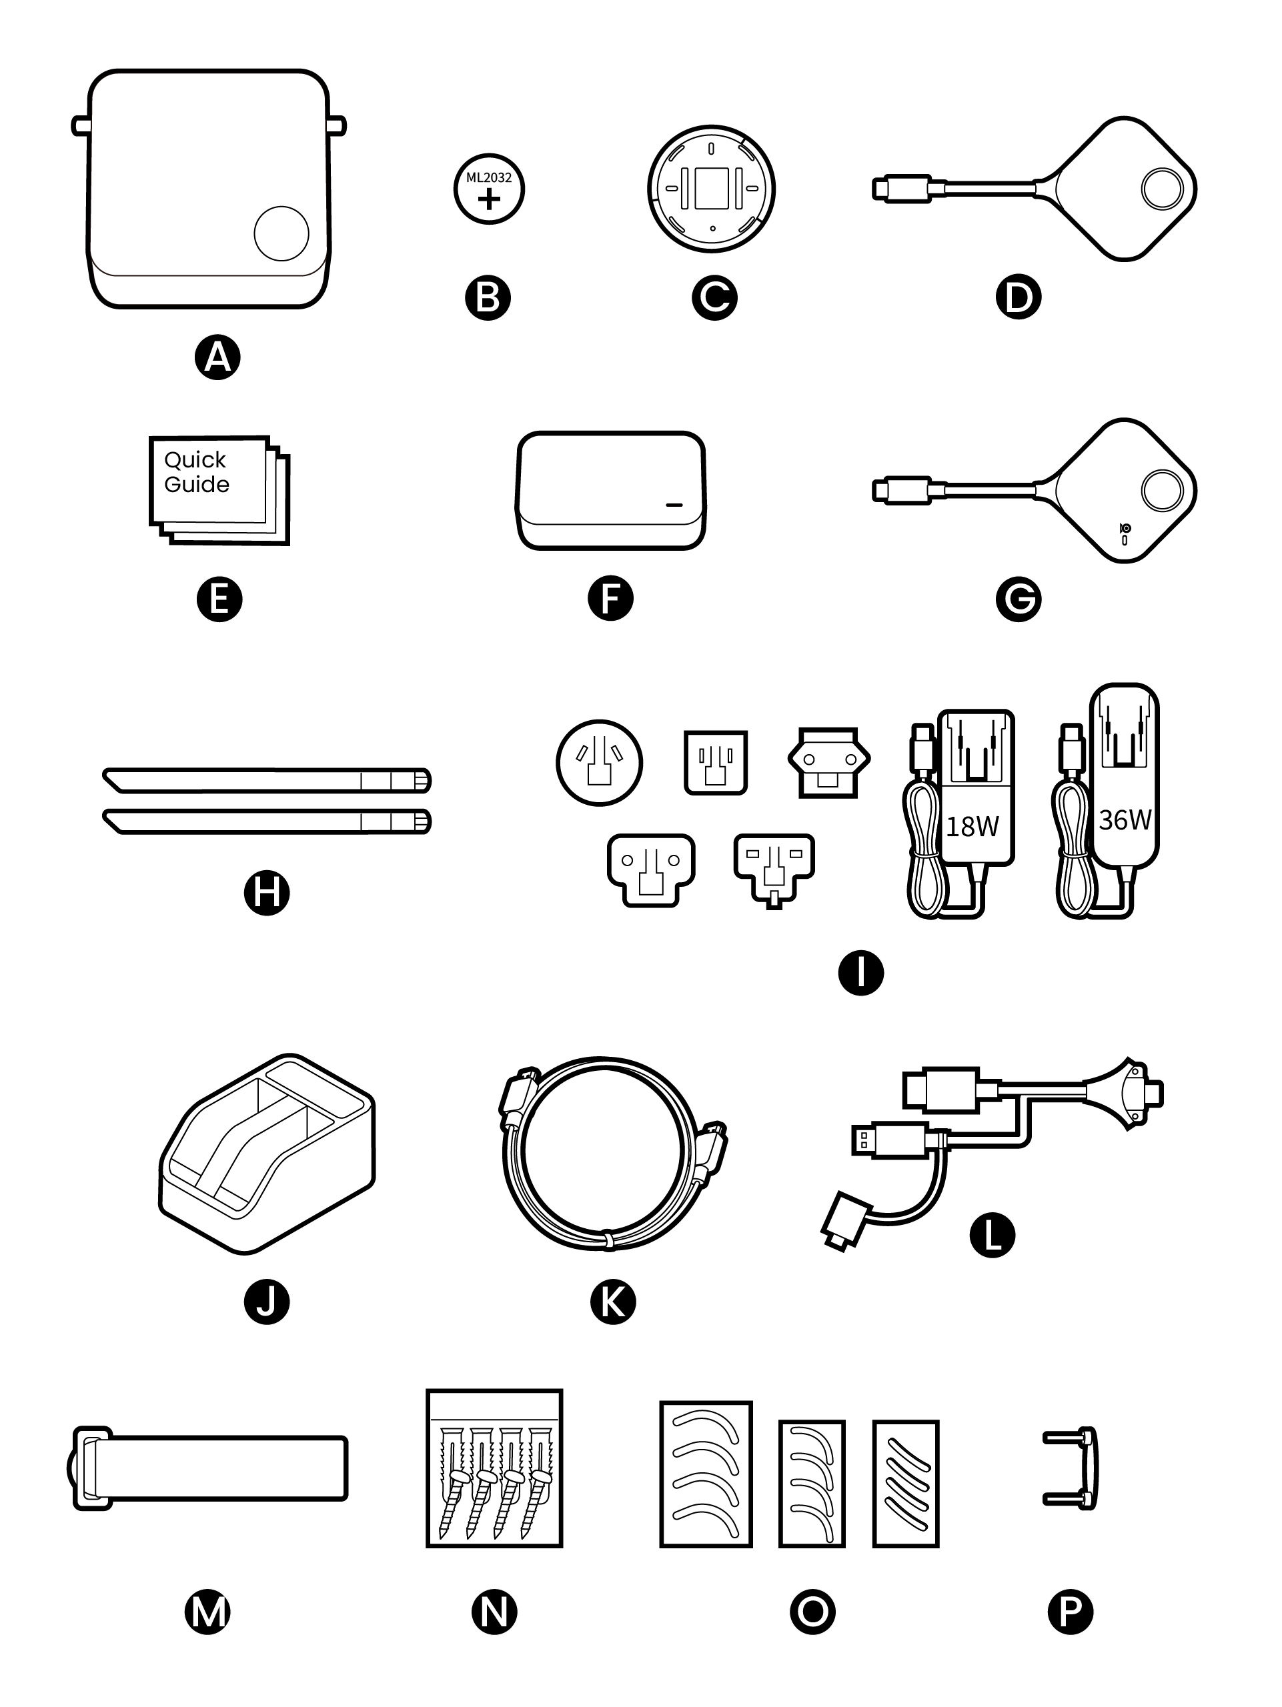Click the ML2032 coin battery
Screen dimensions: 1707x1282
[488, 189]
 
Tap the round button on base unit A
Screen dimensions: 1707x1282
[281, 233]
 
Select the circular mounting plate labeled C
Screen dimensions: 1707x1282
[711, 189]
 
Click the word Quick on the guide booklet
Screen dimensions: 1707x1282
[195, 460]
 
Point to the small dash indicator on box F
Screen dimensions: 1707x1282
[674, 506]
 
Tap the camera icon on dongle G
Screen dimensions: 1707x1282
[1125, 529]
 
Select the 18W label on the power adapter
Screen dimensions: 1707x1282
[972, 826]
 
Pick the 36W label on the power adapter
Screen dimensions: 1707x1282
[1124, 819]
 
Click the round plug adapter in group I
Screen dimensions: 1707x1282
[599, 762]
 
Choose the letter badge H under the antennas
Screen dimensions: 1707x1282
[266, 893]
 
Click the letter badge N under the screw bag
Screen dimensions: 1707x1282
[494, 1611]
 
